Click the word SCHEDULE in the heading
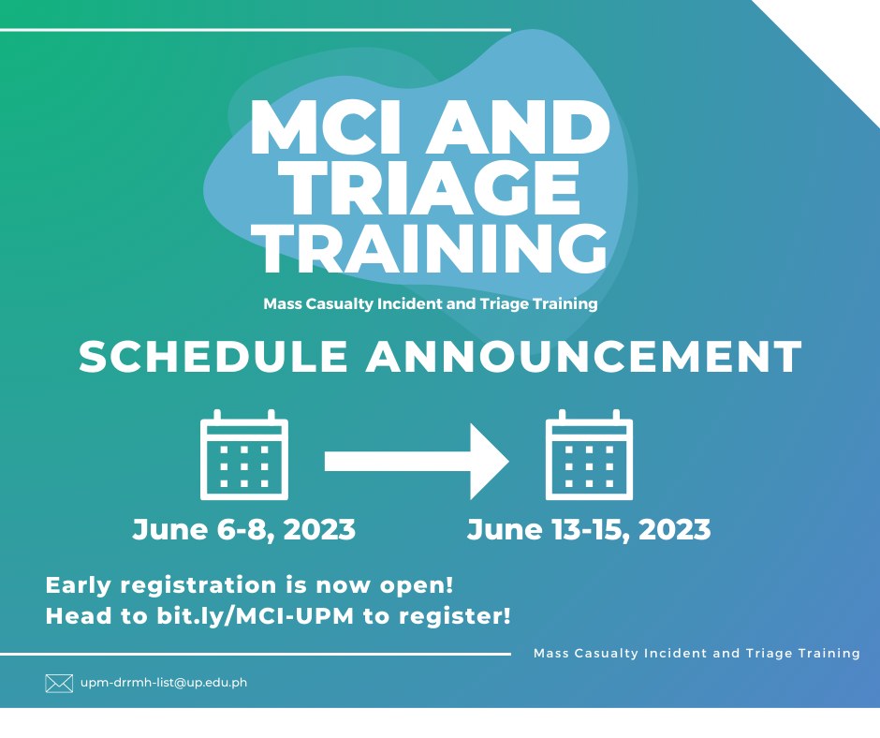click(x=213, y=356)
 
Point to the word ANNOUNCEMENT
click(x=584, y=356)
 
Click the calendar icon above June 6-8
click(x=244, y=455)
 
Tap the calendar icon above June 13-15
click(x=589, y=455)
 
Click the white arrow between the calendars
click(x=417, y=462)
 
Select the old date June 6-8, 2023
click(x=243, y=530)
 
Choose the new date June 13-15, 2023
click(x=589, y=530)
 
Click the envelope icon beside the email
click(x=59, y=684)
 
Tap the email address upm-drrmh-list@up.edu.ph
click(x=164, y=683)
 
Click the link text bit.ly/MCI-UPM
click(x=256, y=616)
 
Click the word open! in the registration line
click(x=417, y=585)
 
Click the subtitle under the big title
click(x=431, y=304)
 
